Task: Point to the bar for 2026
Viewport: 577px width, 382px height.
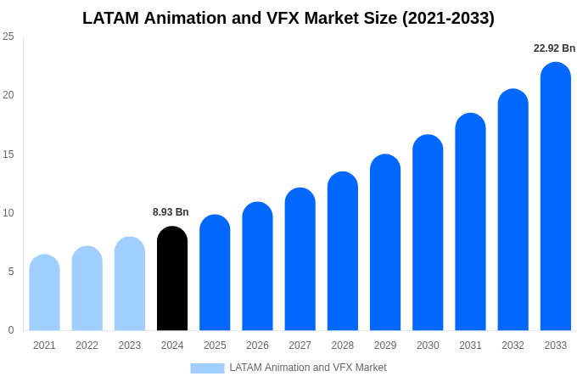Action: coord(257,267)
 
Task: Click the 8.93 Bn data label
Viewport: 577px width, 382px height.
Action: coord(171,212)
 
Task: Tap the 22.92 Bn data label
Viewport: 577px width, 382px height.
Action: coord(554,48)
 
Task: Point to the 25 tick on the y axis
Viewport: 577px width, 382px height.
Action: coord(8,37)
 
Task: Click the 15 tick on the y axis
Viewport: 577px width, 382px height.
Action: coord(8,154)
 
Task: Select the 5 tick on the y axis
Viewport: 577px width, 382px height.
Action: coord(11,272)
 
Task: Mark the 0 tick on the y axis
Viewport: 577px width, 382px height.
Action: coord(11,330)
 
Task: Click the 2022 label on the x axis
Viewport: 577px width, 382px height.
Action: coord(87,345)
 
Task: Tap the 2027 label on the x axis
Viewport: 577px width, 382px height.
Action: coord(300,345)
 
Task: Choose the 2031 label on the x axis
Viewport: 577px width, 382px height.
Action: coord(470,345)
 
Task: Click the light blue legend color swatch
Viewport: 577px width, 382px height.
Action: coord(207,368)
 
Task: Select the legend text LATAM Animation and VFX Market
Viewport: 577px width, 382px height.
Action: coord(307,368)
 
